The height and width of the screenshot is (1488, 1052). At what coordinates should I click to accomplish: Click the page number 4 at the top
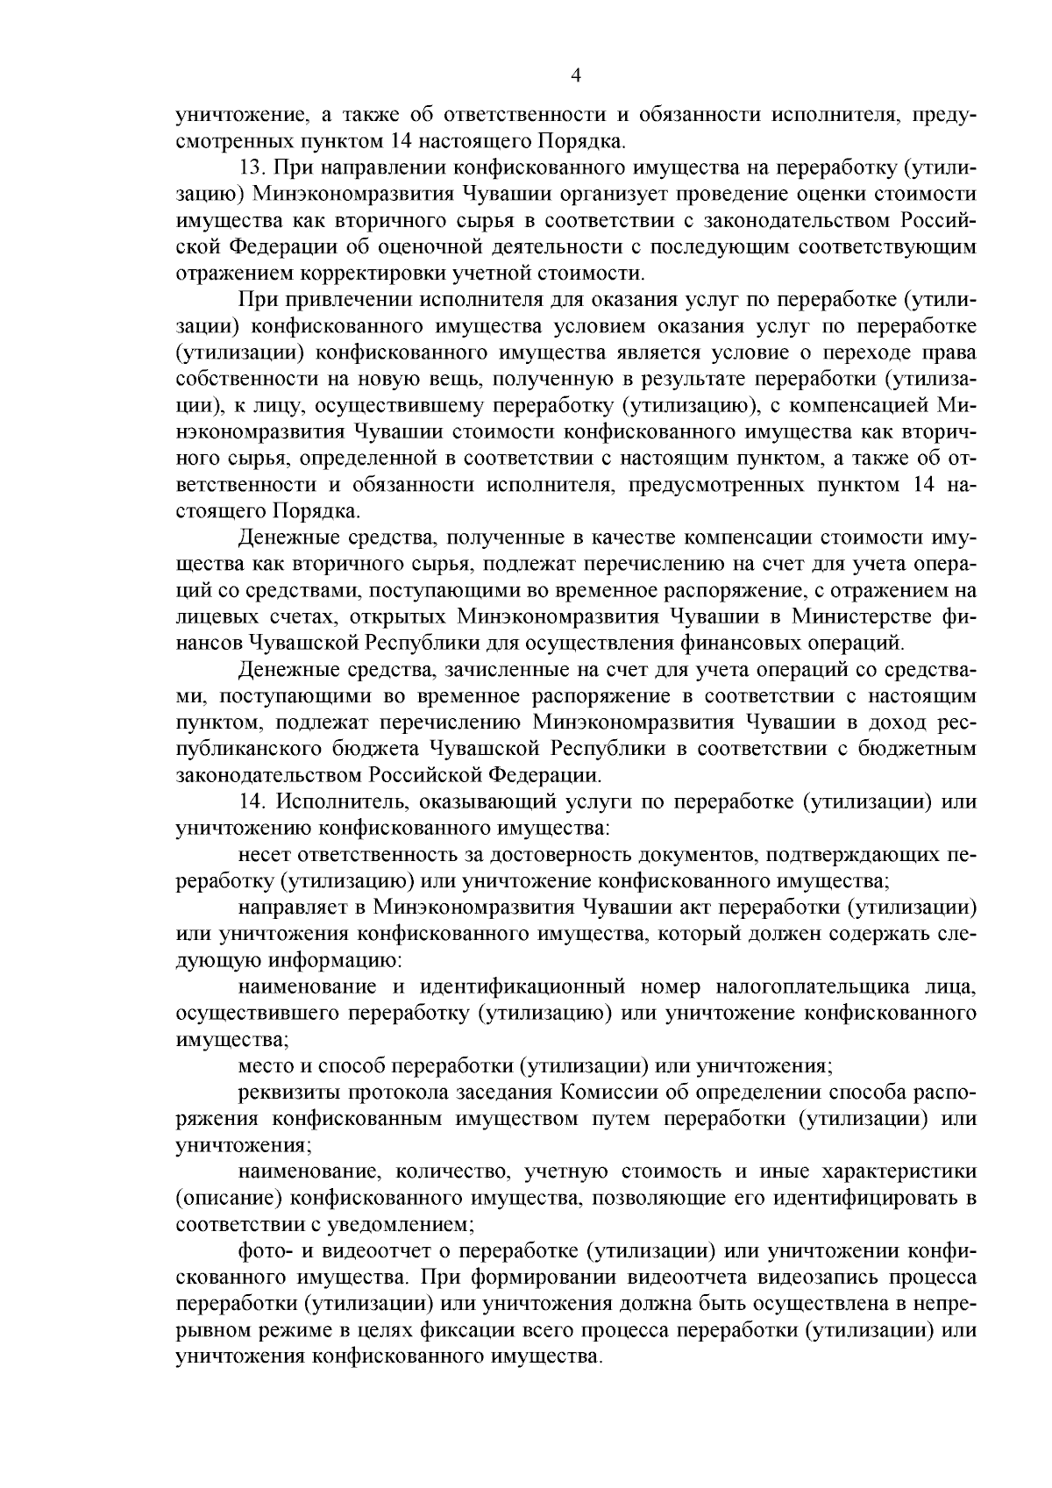tap(576, 76)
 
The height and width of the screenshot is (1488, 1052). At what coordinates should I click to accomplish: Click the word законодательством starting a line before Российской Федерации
tap(268, 775)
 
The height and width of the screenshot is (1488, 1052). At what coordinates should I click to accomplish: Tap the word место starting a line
tap(266, 1066)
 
